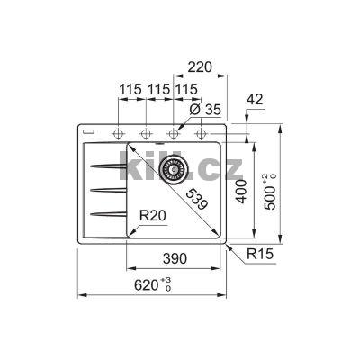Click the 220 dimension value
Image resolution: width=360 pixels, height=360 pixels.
pos(200,67)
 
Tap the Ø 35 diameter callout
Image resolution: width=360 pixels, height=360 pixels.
pos(205,110)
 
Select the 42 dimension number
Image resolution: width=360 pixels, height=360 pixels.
pos(255,99)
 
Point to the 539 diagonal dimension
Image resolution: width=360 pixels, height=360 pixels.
pos(196,200)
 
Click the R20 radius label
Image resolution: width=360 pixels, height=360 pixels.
pos(153,215)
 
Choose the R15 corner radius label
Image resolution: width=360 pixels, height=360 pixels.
pos(260,254)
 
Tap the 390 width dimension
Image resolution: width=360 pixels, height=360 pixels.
pos(175,258)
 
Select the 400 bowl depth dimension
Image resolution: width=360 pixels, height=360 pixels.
pos(241,192)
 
